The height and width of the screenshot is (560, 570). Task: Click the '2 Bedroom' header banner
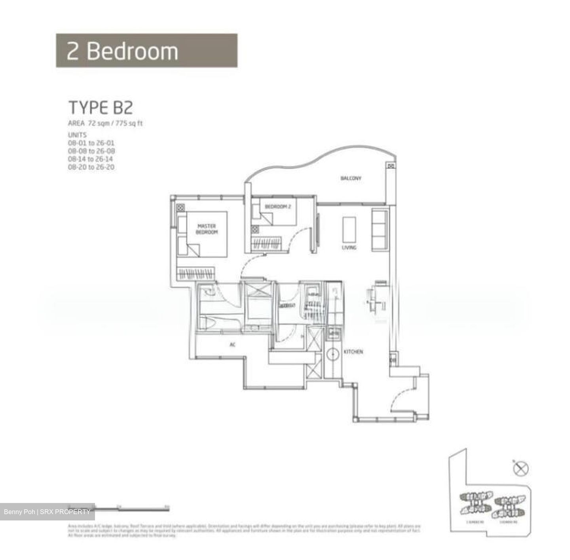tap(146, 51)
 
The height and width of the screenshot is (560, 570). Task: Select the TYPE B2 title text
tap(101, 108)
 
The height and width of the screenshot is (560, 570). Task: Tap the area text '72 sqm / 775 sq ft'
tap(115, 123)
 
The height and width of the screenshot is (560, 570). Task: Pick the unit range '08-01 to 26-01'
tap(91, 143)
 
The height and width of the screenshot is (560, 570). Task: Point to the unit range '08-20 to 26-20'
tap(91, 167)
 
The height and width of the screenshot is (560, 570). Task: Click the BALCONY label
tap(351, 178)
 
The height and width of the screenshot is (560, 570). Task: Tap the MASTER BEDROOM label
tap(207, 229)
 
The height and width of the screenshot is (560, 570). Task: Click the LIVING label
tap(349, 248)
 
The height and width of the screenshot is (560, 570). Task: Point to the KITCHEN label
tap(353, 352)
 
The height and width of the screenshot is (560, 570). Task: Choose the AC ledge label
tap(233, 345)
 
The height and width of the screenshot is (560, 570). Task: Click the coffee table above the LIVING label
tap(349, 229)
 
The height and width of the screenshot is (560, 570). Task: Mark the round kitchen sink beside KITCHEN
tap(333, 353)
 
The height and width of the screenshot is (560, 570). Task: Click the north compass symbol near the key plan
tap(521, 469)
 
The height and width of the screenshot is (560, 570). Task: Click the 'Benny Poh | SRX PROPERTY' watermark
tap(47, 512)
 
